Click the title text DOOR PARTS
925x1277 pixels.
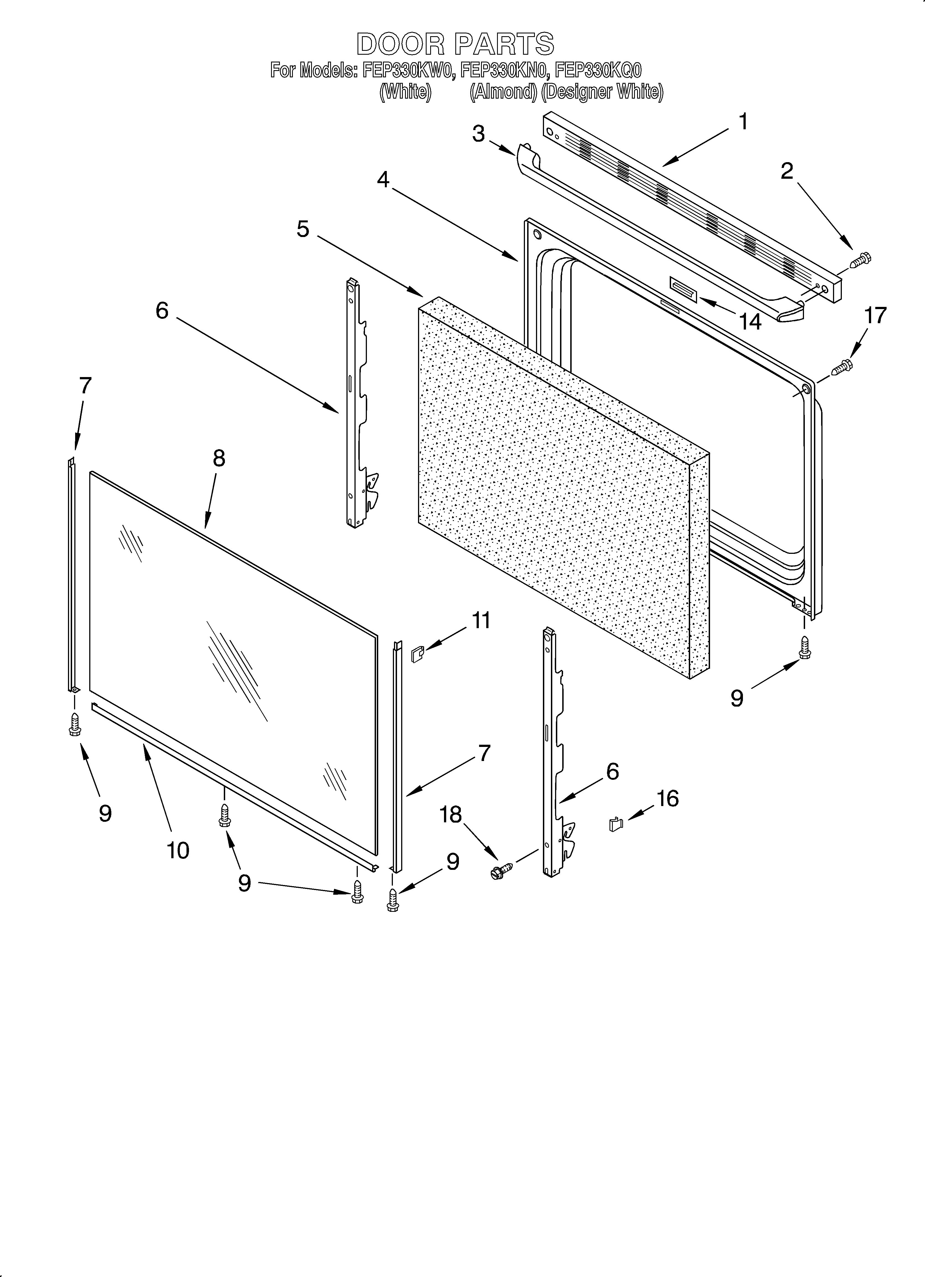[x=455, y=44]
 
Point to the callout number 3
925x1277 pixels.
[x=478, y=134]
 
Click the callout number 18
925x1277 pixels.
[x=451, y=814]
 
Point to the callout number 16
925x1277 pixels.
[x=668, y=798]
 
